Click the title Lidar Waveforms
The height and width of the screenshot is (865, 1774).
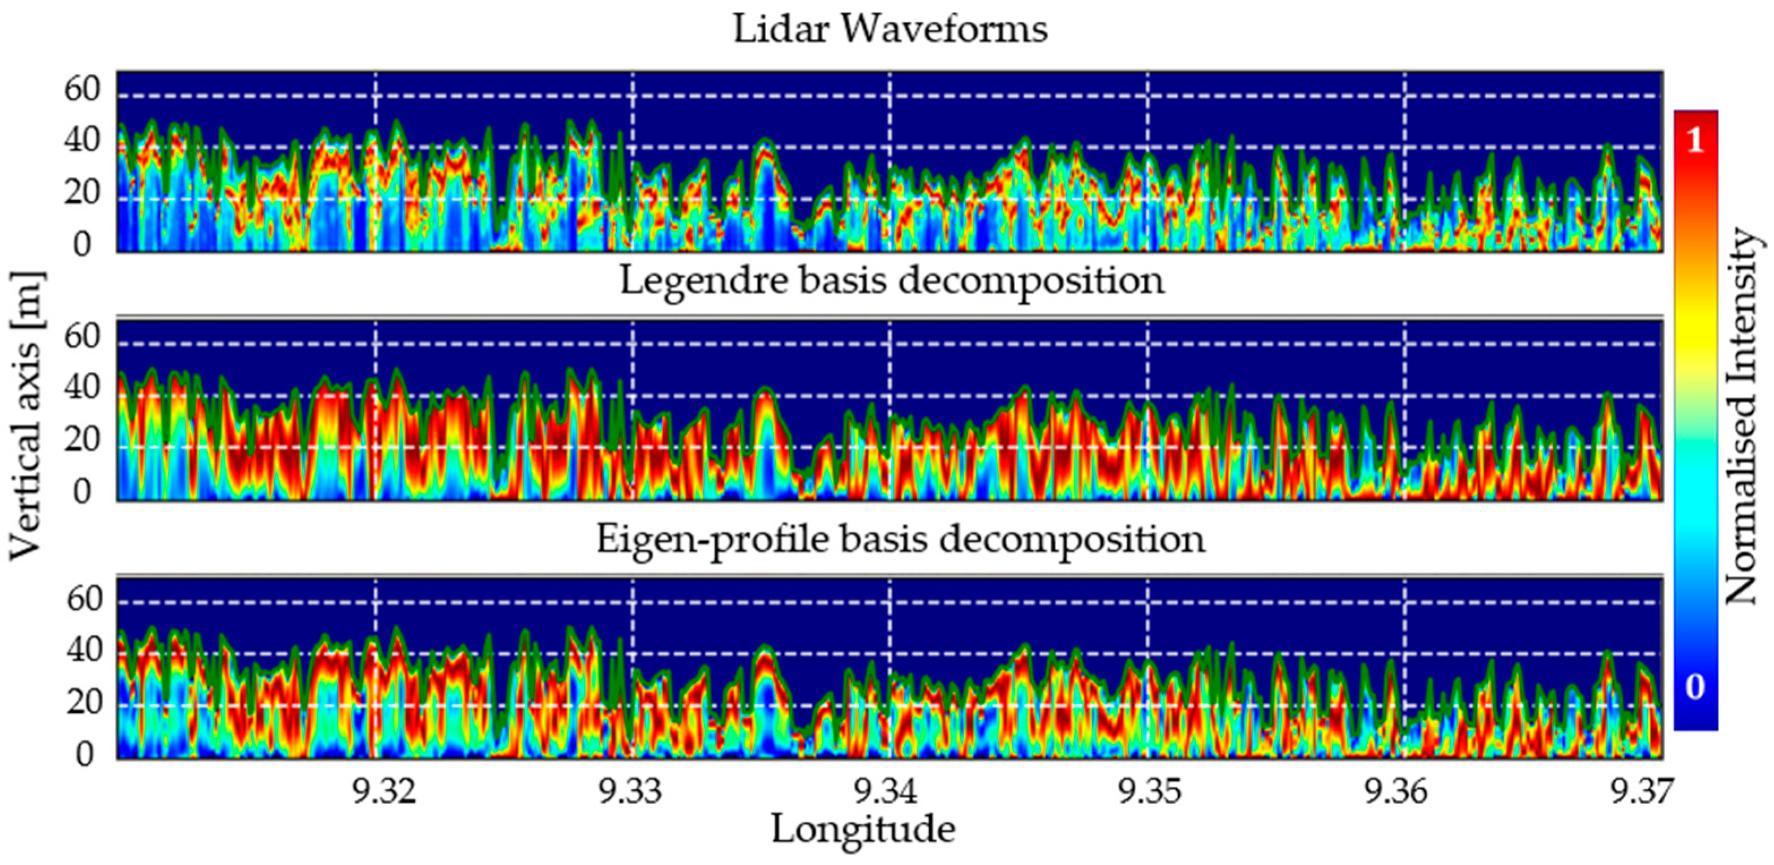coord(890,29)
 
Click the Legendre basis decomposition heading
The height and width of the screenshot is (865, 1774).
coord(892,281)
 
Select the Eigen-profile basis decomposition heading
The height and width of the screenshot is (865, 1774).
coord(900,539)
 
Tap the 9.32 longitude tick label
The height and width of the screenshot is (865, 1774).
coord(384,792)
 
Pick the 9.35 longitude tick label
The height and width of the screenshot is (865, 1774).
coord(1148,792)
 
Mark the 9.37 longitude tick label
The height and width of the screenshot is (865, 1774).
coord(1640,792)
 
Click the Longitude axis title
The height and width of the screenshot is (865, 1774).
coord(863,829)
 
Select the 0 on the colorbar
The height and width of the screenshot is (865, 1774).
coord(1695,687)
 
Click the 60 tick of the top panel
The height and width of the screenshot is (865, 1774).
coord(83,89)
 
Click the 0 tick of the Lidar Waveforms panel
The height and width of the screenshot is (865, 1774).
coord(83,245)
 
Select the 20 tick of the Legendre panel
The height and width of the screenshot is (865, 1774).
coord(83,440)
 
